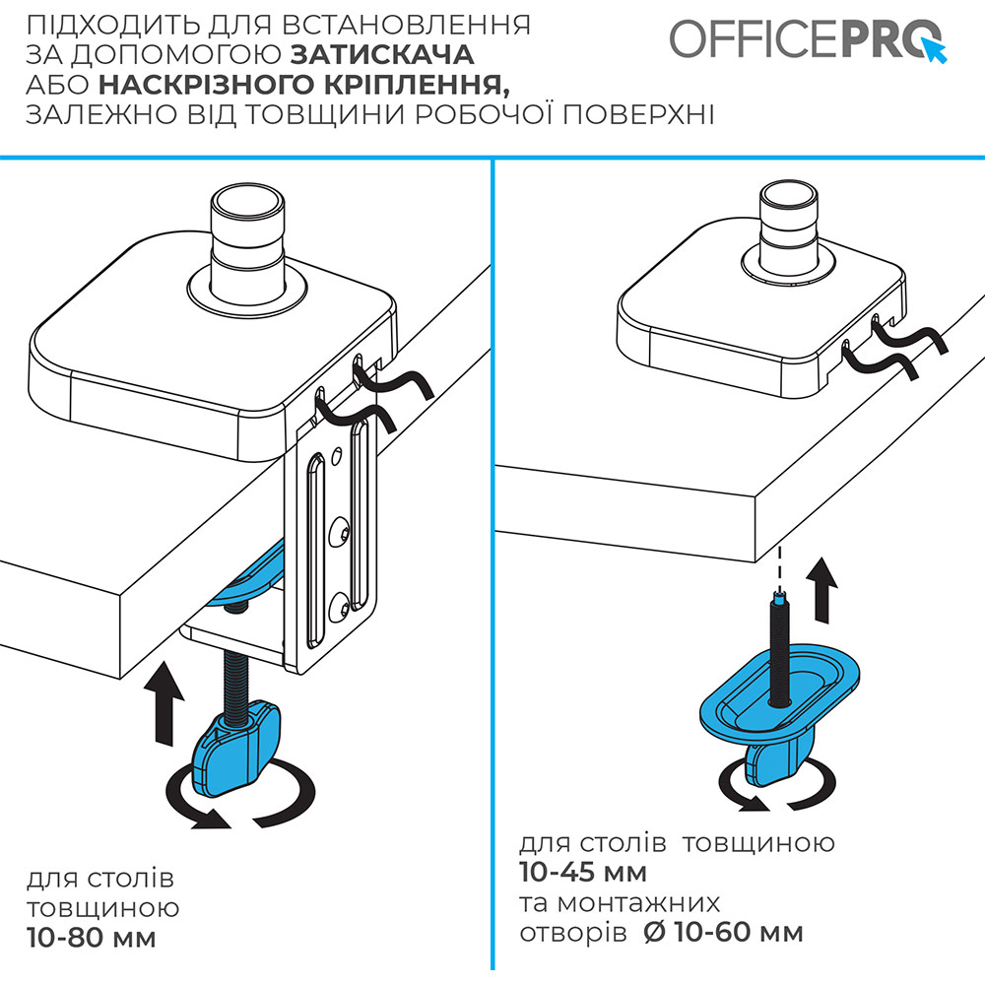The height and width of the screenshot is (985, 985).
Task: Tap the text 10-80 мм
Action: pos(91,937)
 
